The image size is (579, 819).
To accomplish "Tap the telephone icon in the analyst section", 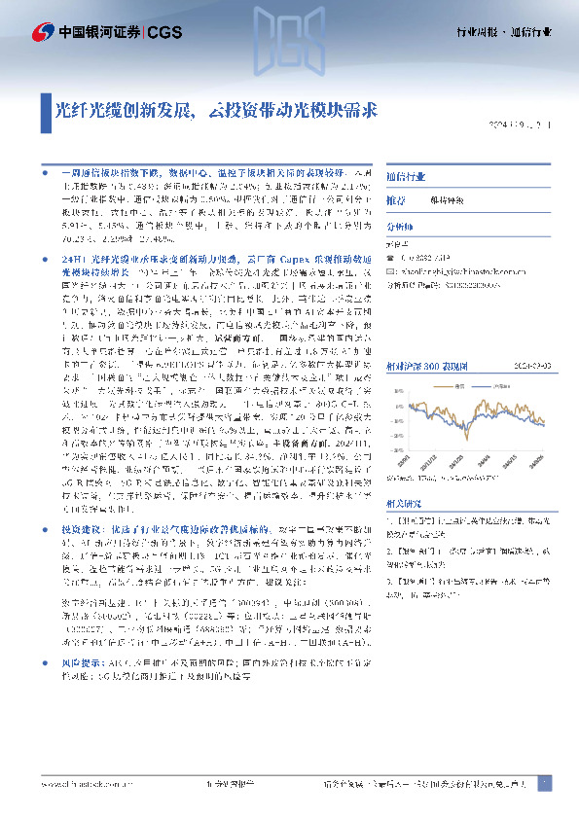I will point(390,257).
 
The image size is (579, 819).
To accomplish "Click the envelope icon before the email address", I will point(390,273).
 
